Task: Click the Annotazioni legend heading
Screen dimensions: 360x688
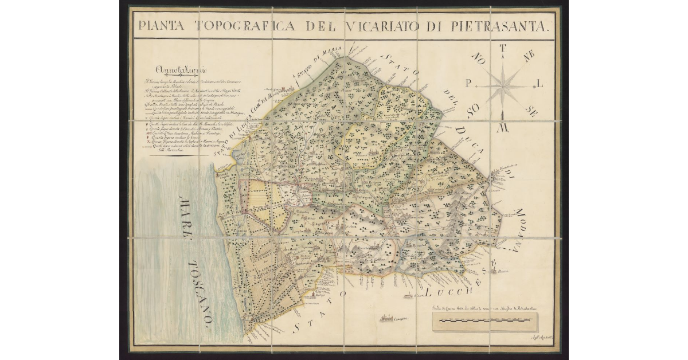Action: click(169, 72)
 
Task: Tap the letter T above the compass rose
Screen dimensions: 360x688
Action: click(503, 48)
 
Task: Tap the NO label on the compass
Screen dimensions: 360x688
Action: click(478, 58)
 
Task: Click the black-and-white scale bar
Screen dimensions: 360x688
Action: click(486, 330)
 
